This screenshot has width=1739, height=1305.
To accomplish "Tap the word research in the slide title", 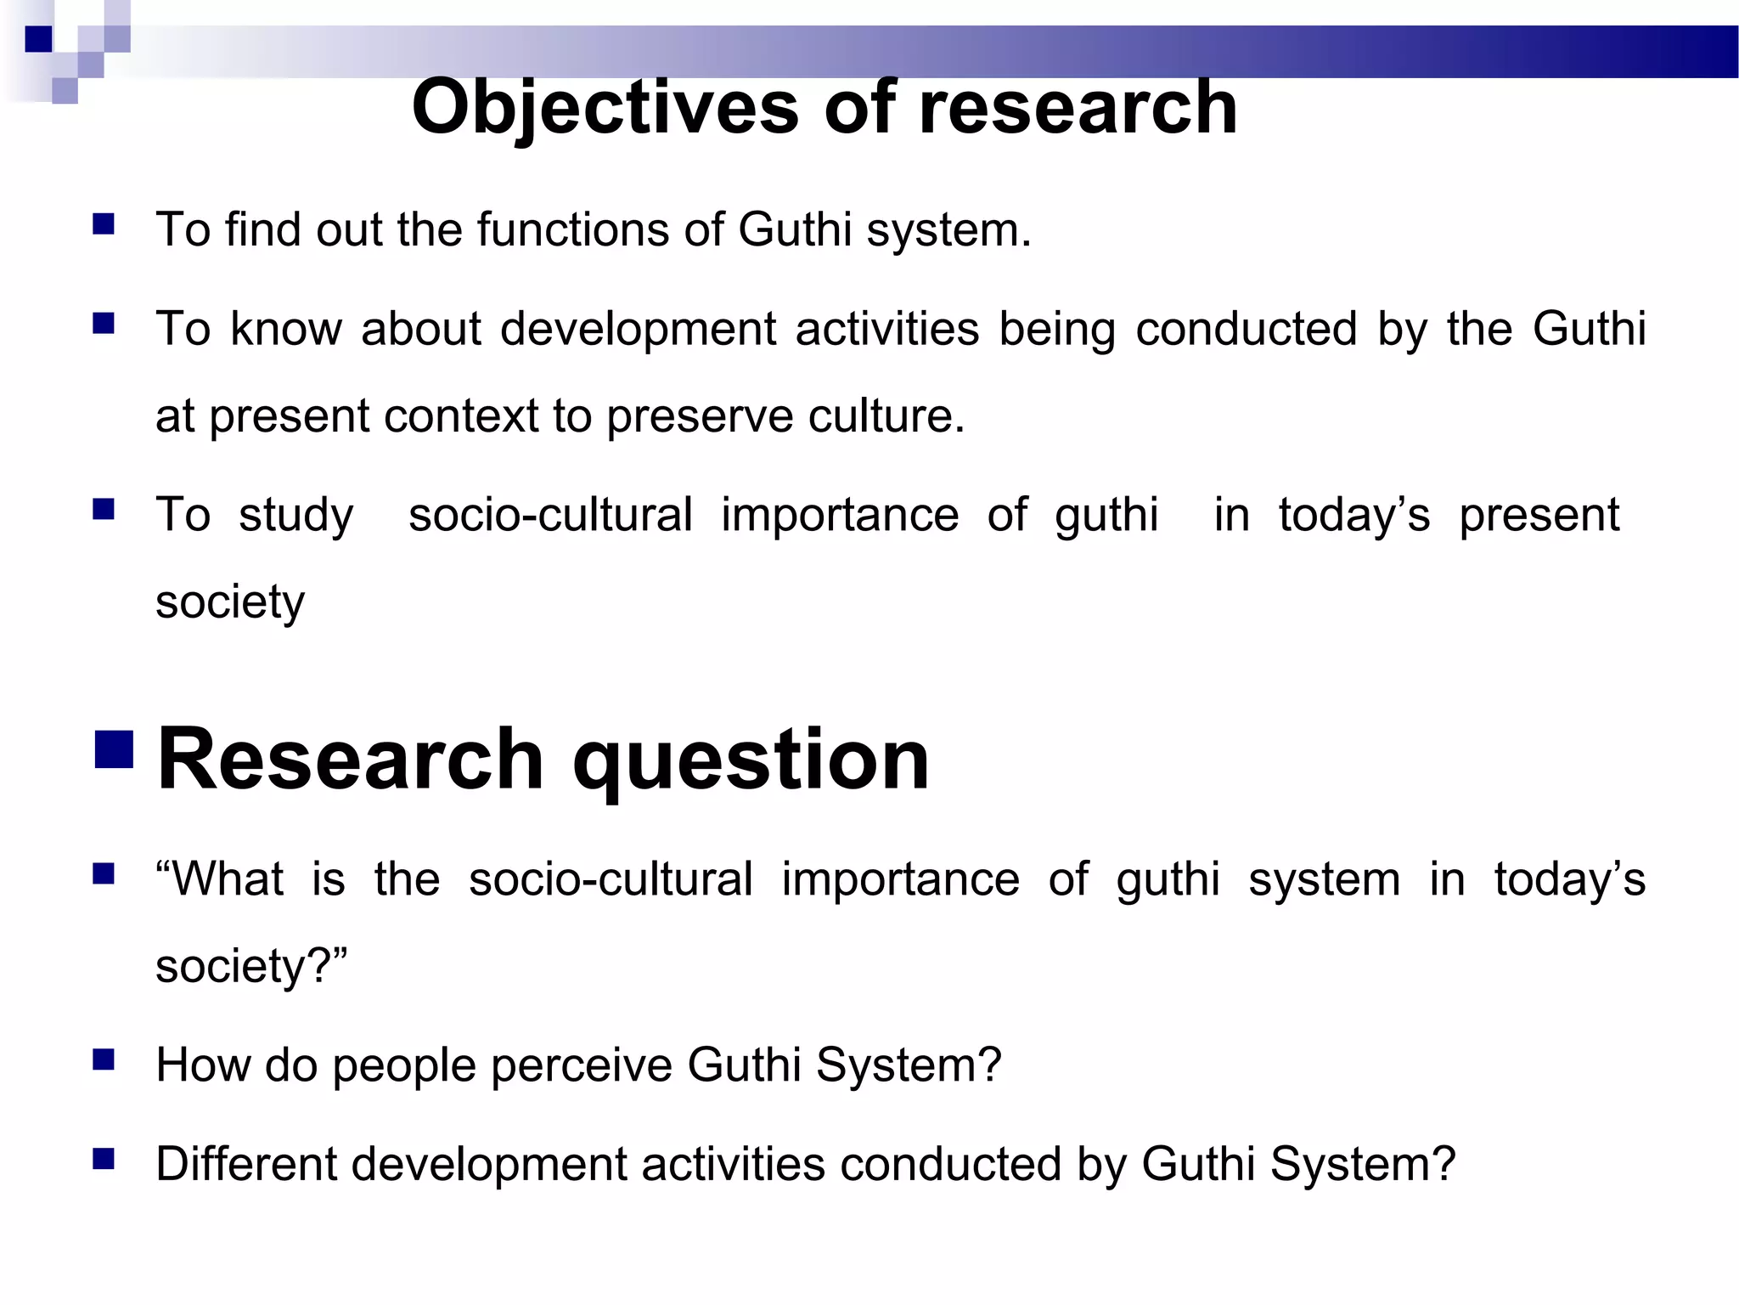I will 1078,108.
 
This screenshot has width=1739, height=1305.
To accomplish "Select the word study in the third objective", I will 295,516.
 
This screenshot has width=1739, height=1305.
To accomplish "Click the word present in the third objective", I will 1539,516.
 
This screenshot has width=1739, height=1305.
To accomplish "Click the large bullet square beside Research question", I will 114,749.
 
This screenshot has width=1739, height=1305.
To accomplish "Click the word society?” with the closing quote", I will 251,967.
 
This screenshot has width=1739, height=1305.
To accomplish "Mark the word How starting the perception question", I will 203,1065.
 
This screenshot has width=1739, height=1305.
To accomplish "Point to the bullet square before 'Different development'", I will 104,1159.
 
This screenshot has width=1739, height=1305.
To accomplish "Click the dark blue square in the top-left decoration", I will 39,39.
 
